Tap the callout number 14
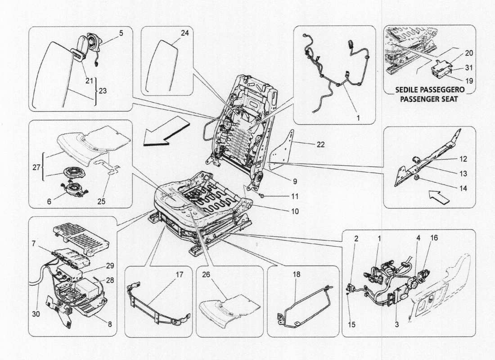pos(463,189)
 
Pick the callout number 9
pos(294,182)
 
